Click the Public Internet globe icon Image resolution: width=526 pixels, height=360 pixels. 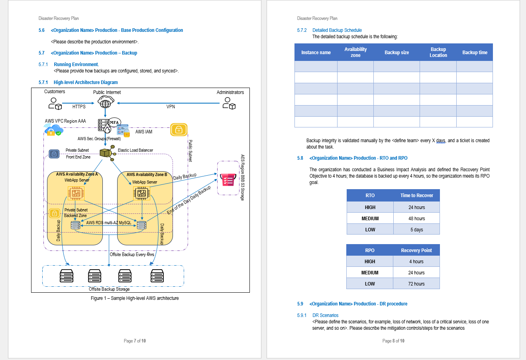[x=106, y=103]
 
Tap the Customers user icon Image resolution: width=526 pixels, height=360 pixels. [x=55, y=104]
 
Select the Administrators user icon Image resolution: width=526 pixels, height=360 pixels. [x=229, y=104]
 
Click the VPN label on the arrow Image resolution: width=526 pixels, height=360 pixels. [x=171, y=107]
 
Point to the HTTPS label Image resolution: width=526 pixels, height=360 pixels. [x=79, y=107]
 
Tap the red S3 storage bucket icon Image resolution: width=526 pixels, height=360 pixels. [x=228, y=180]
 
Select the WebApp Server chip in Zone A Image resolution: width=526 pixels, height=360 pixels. [x=76, y=194]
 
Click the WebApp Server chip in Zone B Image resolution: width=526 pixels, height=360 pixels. [x=141, y=194]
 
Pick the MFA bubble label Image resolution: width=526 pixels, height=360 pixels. [x=114, y=122]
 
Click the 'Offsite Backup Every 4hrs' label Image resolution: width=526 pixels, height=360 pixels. [x=132, y=254]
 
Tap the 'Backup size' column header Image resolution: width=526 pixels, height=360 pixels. [x=396, y=53]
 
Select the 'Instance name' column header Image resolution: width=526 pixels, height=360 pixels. [x=316, y=53]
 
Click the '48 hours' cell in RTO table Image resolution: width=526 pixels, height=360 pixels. [x=416, y=219]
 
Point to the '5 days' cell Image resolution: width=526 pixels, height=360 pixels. [x=416, y=230]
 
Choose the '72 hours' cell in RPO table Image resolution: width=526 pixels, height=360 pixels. [x=416, y=284]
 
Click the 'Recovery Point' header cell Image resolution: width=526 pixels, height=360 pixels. [x=416, y=250]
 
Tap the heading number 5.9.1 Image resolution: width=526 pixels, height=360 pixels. [x=302, y=315]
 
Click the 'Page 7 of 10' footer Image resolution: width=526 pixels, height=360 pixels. [x=135, y=341]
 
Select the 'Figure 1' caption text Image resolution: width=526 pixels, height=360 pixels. [x=135, y=298]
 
